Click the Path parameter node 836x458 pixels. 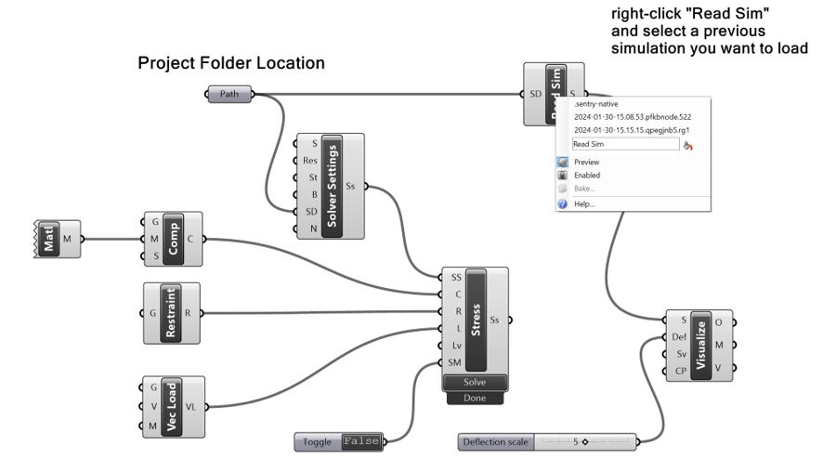[229, 94]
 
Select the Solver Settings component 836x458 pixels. [333, 186]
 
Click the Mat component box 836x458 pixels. [49, 239]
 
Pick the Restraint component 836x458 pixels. [171, 313]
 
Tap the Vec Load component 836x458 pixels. [171, 406]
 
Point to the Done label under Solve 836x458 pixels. [474, 398]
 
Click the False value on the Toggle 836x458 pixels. [360, 442]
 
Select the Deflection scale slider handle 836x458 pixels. [585, 442]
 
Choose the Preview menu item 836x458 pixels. [587, 162]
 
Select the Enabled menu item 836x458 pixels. [587, 175]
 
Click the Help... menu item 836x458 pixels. [584, 203]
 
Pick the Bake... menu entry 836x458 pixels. [584, 189]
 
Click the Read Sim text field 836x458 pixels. [624, 144]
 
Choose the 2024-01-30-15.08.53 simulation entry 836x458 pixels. [632, 117]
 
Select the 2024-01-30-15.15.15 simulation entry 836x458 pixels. [632, 130]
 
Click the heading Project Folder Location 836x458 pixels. [231, 64]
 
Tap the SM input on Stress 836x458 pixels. [454, 362]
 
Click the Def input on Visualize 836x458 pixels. [678, 337]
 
